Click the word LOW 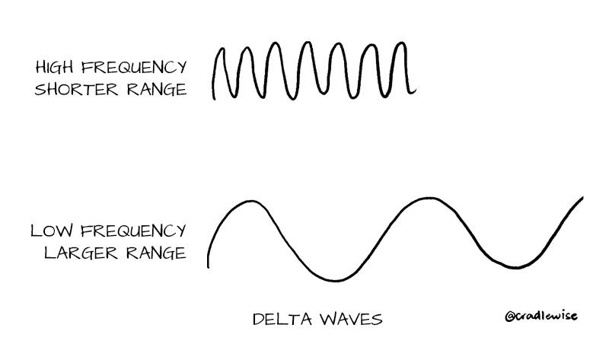(51, 230)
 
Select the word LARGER (75, 253)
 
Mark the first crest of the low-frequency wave (247, 201)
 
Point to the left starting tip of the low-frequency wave (209, 266)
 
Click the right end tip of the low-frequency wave (582, 197)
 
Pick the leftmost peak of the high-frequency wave (221, 49)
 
